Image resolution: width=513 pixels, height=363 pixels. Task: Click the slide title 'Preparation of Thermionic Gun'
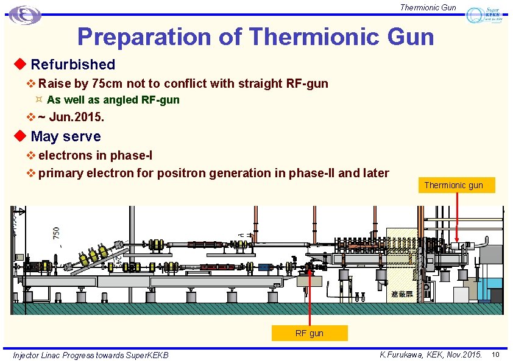[255, 37]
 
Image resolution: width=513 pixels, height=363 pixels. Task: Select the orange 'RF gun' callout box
[310, 333]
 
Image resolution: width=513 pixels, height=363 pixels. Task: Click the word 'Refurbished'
[73, 64]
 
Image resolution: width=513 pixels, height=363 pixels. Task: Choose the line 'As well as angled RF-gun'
[113, 100]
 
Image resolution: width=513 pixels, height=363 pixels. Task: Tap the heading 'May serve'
[65, 136]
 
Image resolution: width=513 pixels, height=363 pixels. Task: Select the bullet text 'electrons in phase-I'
[95, 156]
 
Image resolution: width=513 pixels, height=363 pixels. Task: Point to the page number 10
[496, 354]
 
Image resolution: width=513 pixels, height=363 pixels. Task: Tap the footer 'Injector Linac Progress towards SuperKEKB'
[91, 355]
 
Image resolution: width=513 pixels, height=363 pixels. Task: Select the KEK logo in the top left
[25, 15]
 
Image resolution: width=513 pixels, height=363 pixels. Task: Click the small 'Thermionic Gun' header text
[428, 7]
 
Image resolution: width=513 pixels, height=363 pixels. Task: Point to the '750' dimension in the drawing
[56, 233]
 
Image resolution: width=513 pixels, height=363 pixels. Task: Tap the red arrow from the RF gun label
[310, 298]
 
